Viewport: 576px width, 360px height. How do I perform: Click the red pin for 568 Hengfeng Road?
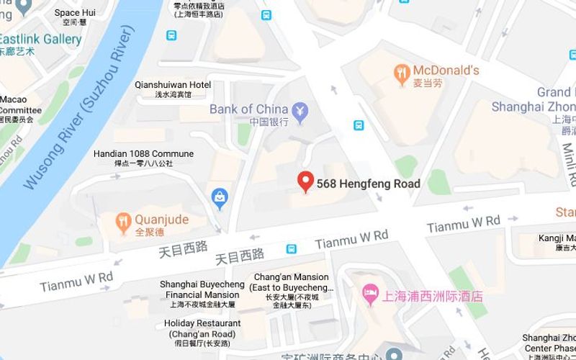(x=306, y=182)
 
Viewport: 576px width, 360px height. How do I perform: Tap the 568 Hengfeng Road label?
(x=368, y=184)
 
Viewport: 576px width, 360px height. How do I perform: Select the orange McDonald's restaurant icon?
(x=402, y=72)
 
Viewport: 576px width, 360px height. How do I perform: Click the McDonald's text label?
(x=446, y=71)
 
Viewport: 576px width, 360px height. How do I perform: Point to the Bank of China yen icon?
(x=300, y=110)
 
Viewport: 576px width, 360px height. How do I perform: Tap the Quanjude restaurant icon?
(x=123, y=220)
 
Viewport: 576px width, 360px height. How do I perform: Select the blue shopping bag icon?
(x=220, y=196)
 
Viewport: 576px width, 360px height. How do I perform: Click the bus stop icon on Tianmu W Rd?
(x=291, y=249)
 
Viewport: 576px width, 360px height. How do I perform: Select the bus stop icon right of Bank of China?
(x=359, y=125)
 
